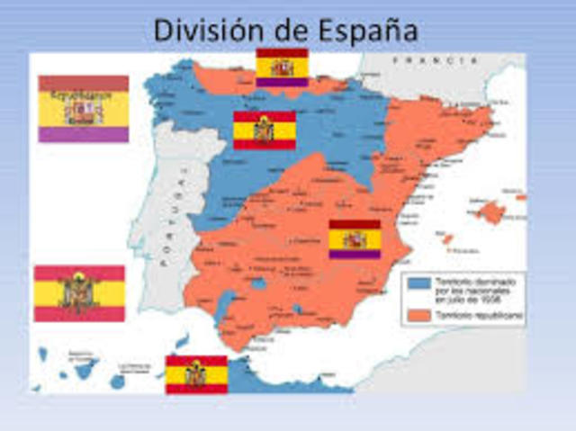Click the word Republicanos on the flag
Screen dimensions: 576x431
[83, 92]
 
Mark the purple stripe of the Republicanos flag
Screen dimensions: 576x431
[83, 133]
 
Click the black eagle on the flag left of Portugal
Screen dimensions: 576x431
[79, 293]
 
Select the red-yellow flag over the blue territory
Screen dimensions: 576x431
[265, 130]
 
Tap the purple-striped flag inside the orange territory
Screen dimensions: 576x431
[355, 239]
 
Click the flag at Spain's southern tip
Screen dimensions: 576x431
[196, 374]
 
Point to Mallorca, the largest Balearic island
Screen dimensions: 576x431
[490, 211]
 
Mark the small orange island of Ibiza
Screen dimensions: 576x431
[446, 239]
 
